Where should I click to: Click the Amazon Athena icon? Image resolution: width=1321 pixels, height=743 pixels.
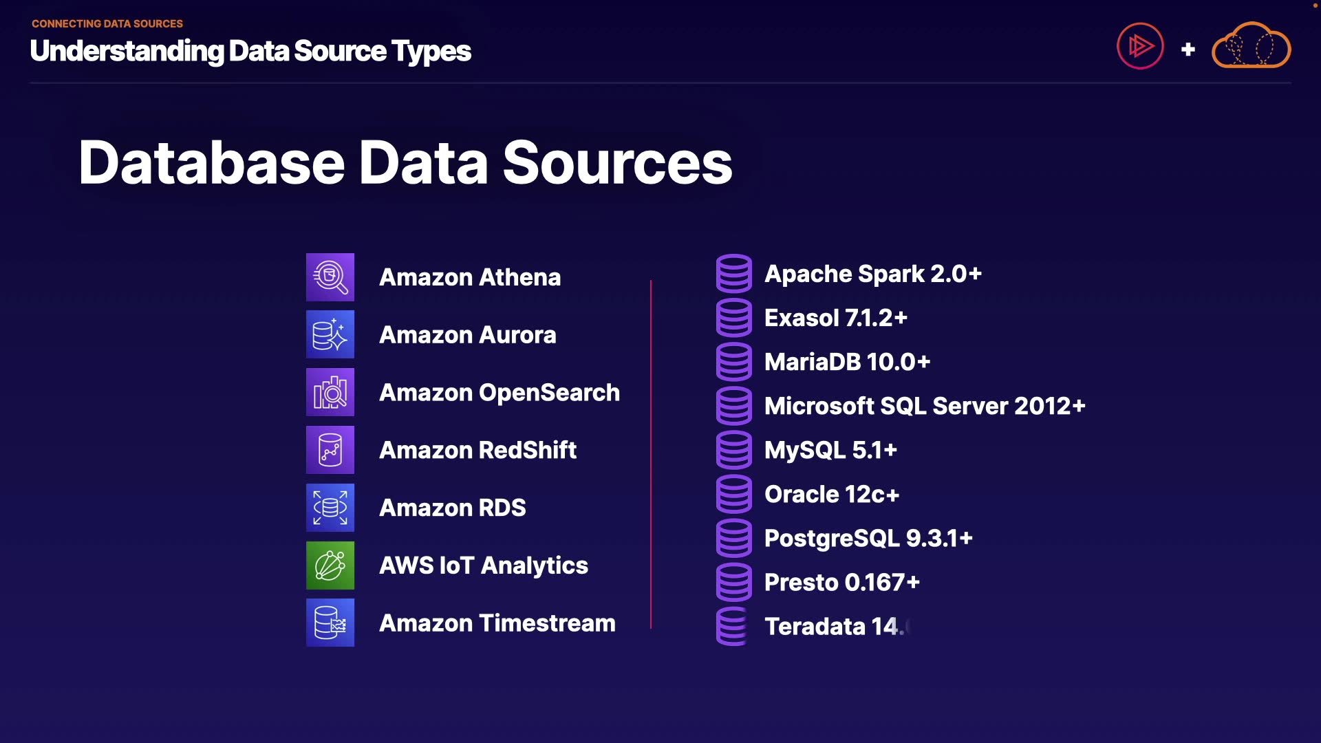pyautogui.click(x=330, y=277)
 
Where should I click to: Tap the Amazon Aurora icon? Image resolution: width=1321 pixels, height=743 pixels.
pyautogui.click(x=330, y=335)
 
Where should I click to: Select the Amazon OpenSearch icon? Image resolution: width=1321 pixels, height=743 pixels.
pyautogui.click(x=330, y=392)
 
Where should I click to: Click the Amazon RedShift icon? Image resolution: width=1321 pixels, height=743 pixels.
pyautogui.click(x=330, y=450)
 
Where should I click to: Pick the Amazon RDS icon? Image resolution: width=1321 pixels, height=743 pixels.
pyautogui.click(x=330, y=508)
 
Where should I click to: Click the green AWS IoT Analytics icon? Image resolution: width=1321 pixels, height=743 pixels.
pyautogui.click(x=330, y=566)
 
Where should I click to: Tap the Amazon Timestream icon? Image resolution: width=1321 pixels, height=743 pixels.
pyautogui.click(x=330, y=623)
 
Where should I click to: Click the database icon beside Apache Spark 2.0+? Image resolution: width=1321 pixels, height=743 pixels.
pyautogui.click(x=734, y=274)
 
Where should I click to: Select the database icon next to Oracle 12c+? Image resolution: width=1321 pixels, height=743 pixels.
pyautogui.click(x=734, y=494)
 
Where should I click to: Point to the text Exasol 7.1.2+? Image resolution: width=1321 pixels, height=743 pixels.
pyautogui.click(x=836, y=318)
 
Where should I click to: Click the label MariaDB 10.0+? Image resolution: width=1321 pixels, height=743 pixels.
pyautogui.click(x=847, y=362)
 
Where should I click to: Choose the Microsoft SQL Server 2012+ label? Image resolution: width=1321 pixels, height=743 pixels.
pyautogui.click(x=925, y=406)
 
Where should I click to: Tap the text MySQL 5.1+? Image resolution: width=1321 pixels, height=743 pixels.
pyautogui.click(x=830, y=450)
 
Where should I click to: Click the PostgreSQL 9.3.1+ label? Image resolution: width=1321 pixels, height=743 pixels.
pyautogui.click(x=868, y=538)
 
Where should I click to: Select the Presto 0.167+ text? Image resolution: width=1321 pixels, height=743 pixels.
pyautogui.click(x=842, y=582)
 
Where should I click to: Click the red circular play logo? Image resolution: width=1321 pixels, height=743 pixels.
pyautogui.click(x=1140, y=46)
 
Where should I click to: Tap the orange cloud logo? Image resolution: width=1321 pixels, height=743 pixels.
pyautogui.click(x=1252, y=46)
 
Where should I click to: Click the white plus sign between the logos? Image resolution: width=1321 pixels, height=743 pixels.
pyautogui.click(x=1188, y=50)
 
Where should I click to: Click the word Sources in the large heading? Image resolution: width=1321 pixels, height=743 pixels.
pyautogui.click(x=617, y=163)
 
